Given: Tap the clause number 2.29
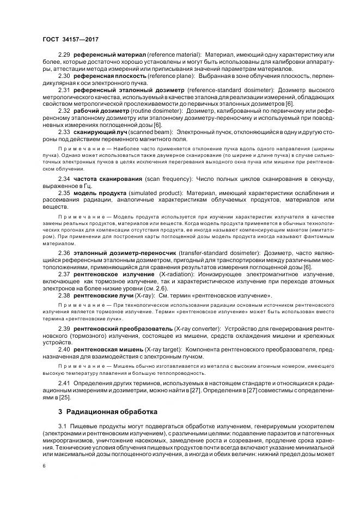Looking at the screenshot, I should coord(64,56).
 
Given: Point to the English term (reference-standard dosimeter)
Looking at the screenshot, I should coord(230,89).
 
